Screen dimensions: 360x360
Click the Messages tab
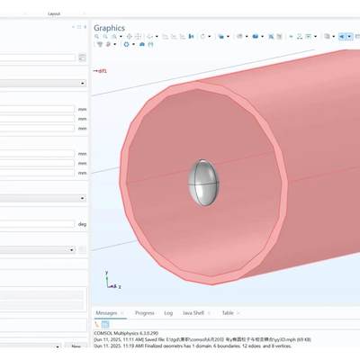click(108, 313)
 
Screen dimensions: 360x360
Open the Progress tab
click(144, 313)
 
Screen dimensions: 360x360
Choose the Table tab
click(228, 313)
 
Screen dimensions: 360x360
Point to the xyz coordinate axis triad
click(109, 282)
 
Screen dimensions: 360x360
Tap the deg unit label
click(82, 224)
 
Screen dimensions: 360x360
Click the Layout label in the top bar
click(55, 14)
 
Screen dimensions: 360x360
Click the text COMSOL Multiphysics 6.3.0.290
click(134, 332)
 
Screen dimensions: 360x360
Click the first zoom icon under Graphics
click(97, 37)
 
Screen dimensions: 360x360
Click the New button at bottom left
click(76, 346)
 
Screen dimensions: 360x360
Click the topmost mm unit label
click(82, 110)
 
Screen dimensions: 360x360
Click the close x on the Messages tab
click(123, 313)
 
